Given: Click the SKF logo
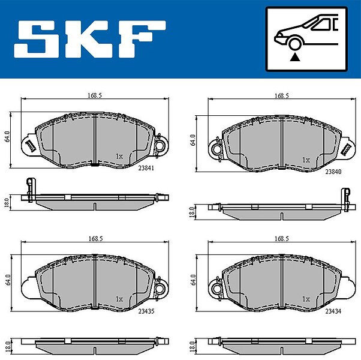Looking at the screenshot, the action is tap(90, 39).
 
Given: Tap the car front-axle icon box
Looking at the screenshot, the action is tap(306, 39).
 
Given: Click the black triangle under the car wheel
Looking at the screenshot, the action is tap(295, 57).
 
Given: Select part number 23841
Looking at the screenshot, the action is tap(146, 168).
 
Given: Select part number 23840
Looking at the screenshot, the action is tap(333, 172).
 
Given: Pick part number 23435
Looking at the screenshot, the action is tap(146, 311).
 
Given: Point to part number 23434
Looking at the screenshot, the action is tap(333, 311).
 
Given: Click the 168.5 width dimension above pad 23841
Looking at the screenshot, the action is tap(95, 95).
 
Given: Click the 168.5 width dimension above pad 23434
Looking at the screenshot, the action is tap(282, 239).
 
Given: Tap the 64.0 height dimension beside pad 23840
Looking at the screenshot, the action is tap(193, 140).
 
